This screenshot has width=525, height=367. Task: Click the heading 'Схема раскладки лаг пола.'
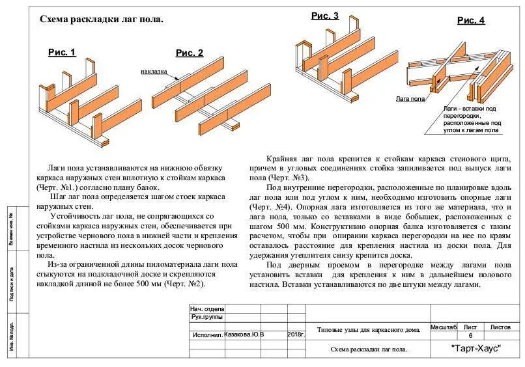point(102,20)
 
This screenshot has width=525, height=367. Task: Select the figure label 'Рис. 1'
point(62,53)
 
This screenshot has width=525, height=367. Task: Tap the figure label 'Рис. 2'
point(190,53)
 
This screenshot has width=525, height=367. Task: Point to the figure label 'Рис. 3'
point(324,16)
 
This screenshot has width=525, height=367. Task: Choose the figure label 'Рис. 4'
point(471,20)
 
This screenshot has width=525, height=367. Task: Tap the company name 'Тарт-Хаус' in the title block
point(475,348)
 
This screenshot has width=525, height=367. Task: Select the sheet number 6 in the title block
point(470,335)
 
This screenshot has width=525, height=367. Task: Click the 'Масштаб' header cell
point(443,327)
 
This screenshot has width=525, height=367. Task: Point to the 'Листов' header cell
point(500,327)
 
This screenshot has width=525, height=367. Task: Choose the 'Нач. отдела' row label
point(207,308)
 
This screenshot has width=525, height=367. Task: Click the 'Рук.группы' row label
point(206,317)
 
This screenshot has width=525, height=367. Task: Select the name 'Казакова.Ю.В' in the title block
point(244,334)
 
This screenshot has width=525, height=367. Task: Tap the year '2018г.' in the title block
point(296,334)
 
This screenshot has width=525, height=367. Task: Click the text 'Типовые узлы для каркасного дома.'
point(368,330)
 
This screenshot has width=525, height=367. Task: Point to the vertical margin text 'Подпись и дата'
point(12,283)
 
